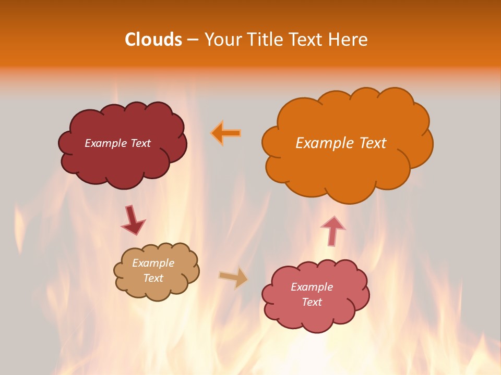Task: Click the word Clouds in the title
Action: [153, 40]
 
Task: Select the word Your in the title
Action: [222, 40]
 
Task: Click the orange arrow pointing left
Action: [226, 133]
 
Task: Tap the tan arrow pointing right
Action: [234, 278]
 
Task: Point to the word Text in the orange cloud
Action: [373, 143]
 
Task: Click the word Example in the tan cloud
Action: [153, 263]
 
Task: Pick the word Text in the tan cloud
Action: [153, 278]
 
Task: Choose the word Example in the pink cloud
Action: [312, 287]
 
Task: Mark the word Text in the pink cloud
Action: [312, 302]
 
